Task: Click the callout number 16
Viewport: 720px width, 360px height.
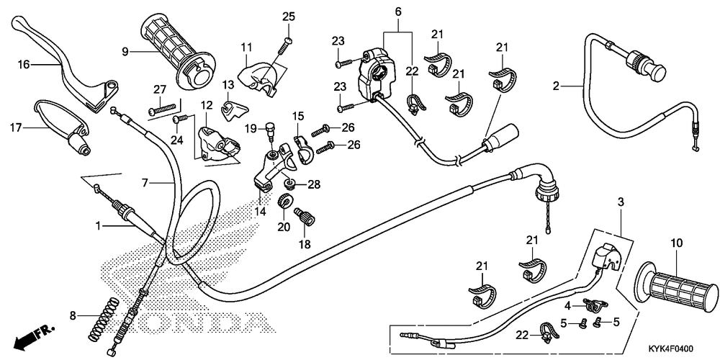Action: [24, 64]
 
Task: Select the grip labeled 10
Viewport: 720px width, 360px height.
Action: [676, 286]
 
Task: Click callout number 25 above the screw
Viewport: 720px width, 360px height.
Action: [289, 17]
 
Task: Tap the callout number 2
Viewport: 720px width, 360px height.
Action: [556, 86]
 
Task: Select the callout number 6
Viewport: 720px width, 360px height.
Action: [397, 12]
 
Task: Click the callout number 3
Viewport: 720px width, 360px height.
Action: [621, 202]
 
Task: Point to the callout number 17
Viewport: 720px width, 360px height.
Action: [16, 127]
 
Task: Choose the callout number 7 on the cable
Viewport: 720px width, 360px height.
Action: [145, 183]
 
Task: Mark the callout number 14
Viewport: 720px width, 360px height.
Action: [261, 212]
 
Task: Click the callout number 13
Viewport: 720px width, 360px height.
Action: [228, 85]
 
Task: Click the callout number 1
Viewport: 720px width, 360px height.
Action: [98, 225]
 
